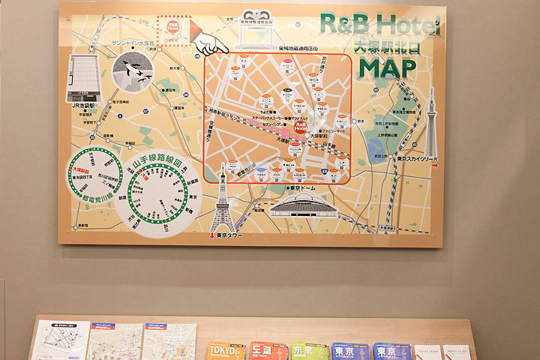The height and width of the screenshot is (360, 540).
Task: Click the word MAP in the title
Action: coord(387,67)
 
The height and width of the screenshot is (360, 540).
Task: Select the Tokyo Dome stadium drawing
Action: coord(303,205)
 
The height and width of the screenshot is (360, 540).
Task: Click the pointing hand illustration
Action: coord(209,42)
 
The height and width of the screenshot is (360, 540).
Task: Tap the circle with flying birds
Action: coord(133,73)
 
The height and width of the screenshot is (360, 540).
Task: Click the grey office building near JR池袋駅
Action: coord(83,79)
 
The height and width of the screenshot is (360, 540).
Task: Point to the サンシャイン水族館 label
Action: coord(132,44)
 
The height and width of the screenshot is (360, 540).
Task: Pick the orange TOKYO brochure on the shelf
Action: coord(226,351)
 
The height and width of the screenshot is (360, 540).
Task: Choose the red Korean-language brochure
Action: coord(268,351)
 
